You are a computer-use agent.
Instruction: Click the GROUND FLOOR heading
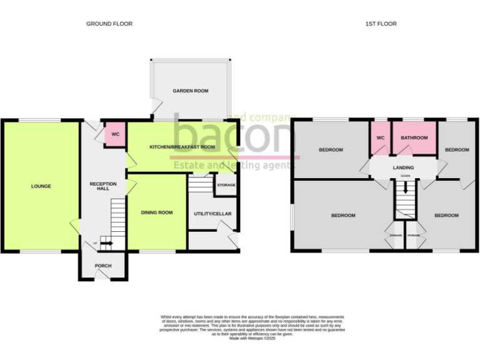[x=109, y=24]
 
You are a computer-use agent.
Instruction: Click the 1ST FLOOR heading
[x=381, y=24]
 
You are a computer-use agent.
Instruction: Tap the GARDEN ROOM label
[x=191, y=91]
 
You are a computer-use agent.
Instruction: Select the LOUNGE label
[x=41, y=186]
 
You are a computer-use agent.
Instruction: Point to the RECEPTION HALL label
[x=103, y=186]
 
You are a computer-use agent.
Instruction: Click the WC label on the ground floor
[x=115, y=134]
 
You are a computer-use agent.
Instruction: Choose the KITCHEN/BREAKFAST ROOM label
[x=182, y=147]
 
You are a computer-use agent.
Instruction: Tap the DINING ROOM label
[x=156, y=213]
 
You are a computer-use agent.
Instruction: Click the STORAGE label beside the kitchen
[x=226, y=185]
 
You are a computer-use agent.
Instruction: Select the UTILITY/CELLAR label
[x=212, y=214]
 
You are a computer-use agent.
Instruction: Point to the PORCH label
[x=103, y=266]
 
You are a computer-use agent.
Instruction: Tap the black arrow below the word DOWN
[x=405, y=185]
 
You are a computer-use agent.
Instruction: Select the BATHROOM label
[x=414, y=138]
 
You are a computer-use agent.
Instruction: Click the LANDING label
[x=403, y=167]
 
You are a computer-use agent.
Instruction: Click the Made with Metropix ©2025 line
[x=252, y=338]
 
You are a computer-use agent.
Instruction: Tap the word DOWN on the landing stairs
[x=405, y=176]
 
